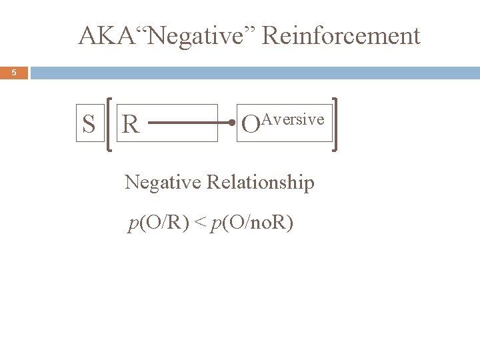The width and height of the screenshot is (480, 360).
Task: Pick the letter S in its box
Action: tap(88, 124)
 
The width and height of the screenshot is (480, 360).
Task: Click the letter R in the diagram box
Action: tap(131, 124)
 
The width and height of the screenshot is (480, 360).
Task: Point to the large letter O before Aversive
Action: tap(250, 125)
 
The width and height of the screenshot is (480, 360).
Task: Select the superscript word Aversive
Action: tap(293, 119)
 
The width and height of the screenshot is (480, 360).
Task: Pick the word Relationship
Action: tap(261, 182)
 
